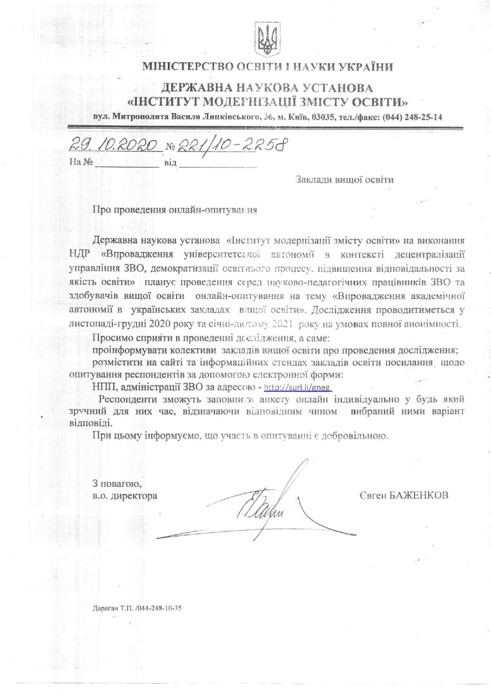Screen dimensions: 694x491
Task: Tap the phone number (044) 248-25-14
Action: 412,118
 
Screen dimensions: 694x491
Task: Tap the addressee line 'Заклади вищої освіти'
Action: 344,180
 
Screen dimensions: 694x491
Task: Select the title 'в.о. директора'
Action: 124,495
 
